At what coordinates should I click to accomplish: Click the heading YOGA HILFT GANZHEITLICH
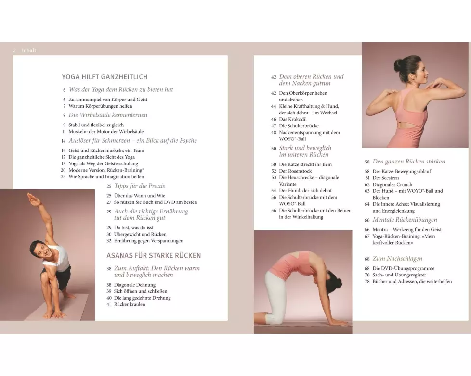[105, 77]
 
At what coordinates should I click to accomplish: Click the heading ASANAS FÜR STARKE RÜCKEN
[154, 256]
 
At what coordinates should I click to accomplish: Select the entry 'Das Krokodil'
[293, 119]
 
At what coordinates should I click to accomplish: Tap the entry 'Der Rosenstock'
[295, 171]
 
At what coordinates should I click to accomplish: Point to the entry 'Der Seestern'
[386, 178]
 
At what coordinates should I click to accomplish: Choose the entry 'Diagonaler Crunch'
[392, 185]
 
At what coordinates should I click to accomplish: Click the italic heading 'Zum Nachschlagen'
[397, 259]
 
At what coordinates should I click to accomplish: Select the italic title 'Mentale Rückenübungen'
[405, 220]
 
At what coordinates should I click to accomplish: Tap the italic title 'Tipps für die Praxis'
[139, 186]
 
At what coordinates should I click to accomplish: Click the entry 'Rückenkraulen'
[130, 304]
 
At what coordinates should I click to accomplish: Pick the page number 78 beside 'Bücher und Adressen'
[367, 282]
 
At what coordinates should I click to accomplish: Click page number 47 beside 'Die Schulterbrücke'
[274, 126]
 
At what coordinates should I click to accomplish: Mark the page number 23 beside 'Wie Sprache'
[64, 177]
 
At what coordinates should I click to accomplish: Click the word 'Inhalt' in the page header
[29, 50]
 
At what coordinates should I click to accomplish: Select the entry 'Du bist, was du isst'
[134, 227]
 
